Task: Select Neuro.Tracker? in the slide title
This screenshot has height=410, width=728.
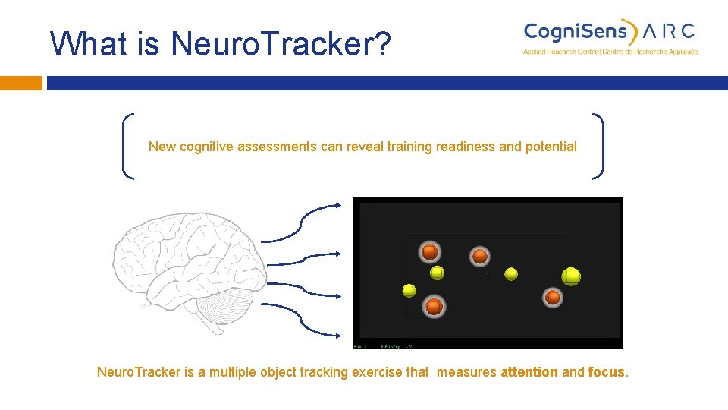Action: pos(281,44)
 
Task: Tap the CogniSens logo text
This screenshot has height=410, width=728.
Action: pos(576,31)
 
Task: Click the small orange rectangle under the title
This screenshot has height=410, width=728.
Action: pos(20,83)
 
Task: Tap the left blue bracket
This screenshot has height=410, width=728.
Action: pos(127,146)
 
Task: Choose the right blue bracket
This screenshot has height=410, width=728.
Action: pos(598,146)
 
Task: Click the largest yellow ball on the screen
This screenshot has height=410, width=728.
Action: pos(571,276)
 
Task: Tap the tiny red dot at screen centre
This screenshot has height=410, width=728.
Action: pos(488,273)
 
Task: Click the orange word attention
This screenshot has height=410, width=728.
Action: pos(529,372)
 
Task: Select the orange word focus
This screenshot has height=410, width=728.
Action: pos(607,372)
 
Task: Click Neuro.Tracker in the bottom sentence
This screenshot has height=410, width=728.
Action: pos(139,372)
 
